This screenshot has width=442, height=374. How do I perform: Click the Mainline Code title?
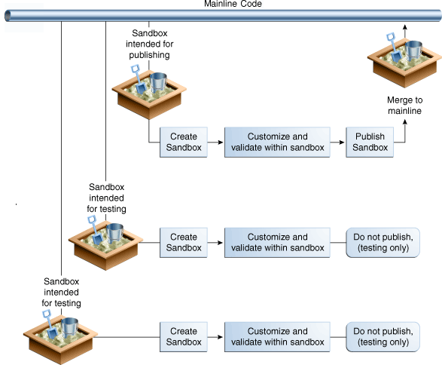coord(233,4)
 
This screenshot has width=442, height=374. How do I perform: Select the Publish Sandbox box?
coord(370,142)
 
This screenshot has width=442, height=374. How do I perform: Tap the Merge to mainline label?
coord(404,106)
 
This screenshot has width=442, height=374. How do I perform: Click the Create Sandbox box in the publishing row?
coord(184,142)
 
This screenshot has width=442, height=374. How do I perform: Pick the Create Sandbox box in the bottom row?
coord(184,337)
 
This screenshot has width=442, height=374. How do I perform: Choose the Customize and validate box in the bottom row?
coord(277,337)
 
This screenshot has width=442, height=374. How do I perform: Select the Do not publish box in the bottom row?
coord(383,337)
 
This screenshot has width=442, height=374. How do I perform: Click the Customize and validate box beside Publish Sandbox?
coord(277,142)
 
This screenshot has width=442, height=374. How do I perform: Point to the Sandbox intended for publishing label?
coord(149,44)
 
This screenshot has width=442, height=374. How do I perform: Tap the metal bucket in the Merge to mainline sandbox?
coord(413,51)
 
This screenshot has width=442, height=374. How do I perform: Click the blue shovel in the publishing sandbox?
coord(138,79)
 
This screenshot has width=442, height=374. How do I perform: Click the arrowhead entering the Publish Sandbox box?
coord(342,143)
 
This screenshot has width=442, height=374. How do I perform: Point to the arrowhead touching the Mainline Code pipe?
coord(405,27)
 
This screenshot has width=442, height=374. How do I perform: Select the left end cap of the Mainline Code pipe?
coord(8,16)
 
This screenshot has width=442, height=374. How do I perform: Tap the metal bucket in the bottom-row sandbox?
coord(69,327)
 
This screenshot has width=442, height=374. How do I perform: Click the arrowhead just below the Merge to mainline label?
coord(405,121)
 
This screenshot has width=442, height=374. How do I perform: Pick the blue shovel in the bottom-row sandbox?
coord(50,324)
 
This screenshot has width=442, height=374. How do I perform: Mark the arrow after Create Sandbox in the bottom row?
coord(215,337)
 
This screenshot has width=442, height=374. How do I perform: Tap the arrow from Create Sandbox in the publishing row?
coord(215,143)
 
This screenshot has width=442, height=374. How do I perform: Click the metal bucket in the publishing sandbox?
coord(158,82)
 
